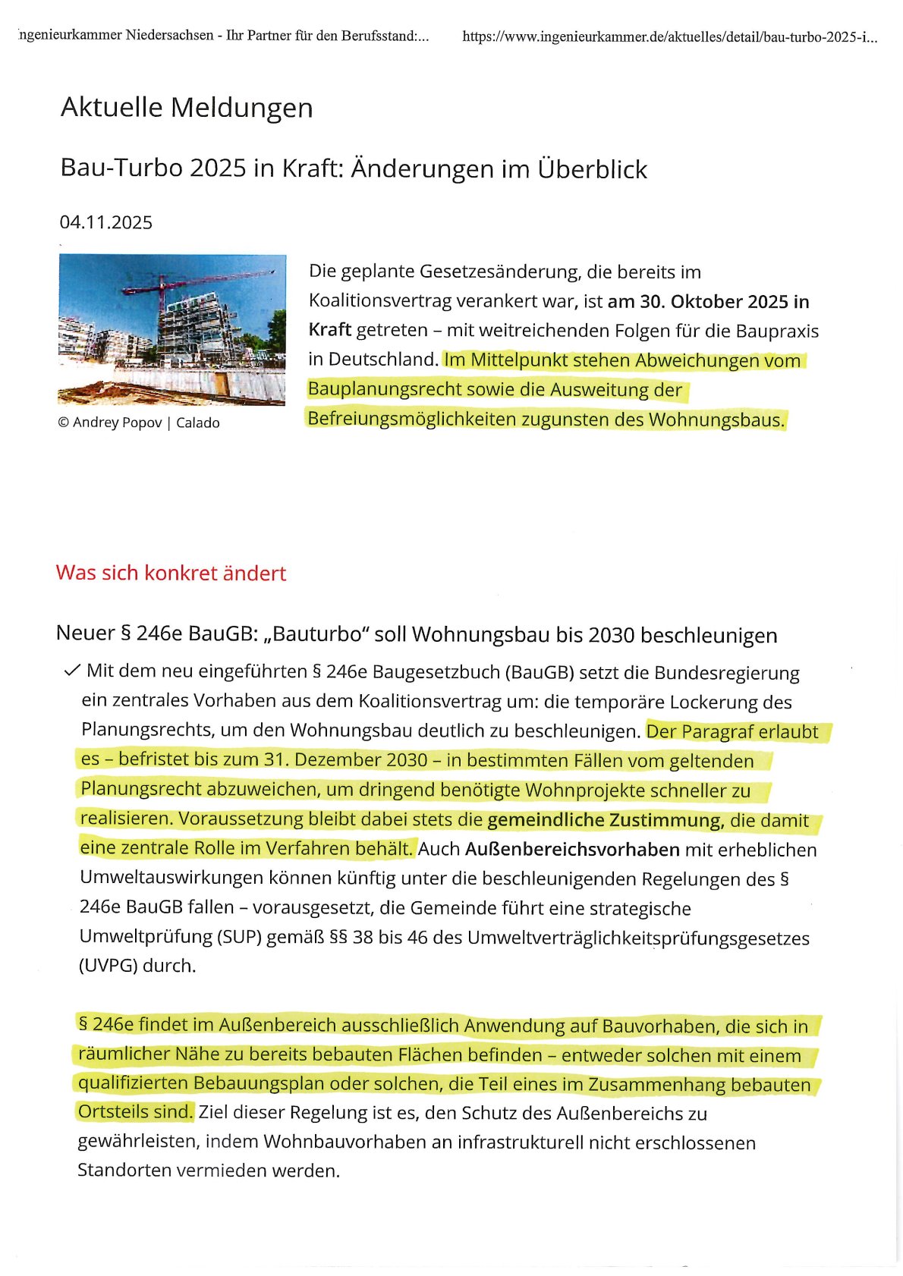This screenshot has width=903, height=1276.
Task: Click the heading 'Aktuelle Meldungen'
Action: [x=187, y=108]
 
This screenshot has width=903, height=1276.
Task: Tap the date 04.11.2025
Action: [x=105, y=222]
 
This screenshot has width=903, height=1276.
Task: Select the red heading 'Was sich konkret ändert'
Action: [x=171, y=573]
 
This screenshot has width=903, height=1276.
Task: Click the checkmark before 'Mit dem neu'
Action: [x=72, y=671]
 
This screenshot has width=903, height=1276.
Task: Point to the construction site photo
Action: [x=172, y=330]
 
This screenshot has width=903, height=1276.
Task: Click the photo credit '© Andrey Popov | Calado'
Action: [x=139, y=423]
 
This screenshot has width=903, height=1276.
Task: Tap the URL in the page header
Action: [x=669, y=36]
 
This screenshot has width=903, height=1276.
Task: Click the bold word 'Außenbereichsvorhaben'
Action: [x=572, y=849]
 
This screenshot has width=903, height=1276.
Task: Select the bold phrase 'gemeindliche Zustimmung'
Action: [x=604, y=820]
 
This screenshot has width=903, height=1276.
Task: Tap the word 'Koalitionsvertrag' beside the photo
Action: [x=377, y=301]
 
